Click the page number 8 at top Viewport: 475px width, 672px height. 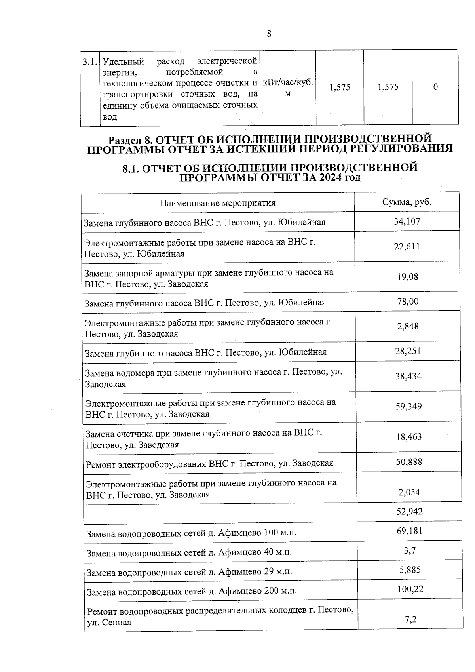point(269,34)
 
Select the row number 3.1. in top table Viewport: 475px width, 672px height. point(89,62)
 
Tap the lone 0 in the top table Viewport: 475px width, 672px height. point(435,87)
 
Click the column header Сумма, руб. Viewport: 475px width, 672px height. point(407,202)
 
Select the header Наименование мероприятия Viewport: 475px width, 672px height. point(218,203)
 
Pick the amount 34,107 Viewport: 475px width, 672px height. point(407,221)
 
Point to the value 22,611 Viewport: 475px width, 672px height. point(407,246)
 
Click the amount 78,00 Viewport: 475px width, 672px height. point(408,301)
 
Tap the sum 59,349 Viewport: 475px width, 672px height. point(408,407)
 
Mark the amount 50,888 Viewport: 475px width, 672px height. point(409,462)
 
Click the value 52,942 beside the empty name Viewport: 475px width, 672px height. point(409,511)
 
